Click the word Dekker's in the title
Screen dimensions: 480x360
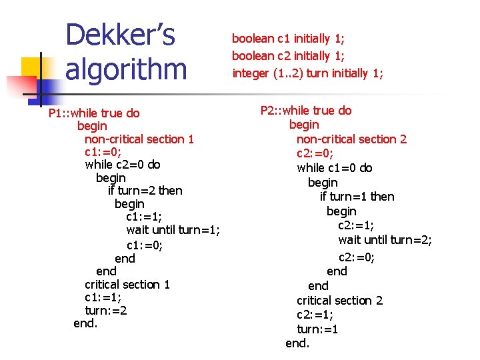pyautogui.click(x=120, y=35)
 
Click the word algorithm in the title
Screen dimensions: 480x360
pyautogui.click(x=126, y=69)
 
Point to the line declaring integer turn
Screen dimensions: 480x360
pyautogui.click(x=307, y=73)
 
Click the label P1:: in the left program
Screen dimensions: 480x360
pyautogui.click(x=61, y=113)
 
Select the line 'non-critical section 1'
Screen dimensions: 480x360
pyautogui.click(x=139, y=139)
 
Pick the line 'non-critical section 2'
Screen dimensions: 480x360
pyautogui.click(x=351, y=139)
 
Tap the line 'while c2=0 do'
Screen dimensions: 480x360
pyautogui.click(x=123, y=164)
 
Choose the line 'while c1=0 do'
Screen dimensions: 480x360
pyautogui.click(x=335, y=167)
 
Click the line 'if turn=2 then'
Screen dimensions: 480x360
pyautogui.click(x=145, y=190)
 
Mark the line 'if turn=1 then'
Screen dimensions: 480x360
pyautogui.click(x=357, y=196)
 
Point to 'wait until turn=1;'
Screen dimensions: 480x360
pyautogui.click(x=173, y=230)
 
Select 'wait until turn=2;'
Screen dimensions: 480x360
pyautogui.click(x=385, y=239)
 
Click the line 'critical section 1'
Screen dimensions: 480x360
pyautogui.click(x=127, y=284)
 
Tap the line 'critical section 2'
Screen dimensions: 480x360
pyautogui.click(x=339, y=300)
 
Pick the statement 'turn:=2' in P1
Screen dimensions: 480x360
pyautogui.click(x=106, y=310)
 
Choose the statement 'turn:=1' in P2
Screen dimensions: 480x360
pyautogui.click(x=317, y=329)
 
